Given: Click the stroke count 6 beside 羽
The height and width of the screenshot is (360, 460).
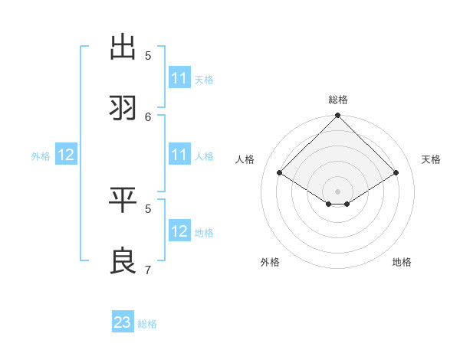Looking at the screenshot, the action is (x=149, y=116).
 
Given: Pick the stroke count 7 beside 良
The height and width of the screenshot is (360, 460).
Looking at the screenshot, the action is (x=149, y=270).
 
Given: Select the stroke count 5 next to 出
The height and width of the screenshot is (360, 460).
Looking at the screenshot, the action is (x=149, y=55).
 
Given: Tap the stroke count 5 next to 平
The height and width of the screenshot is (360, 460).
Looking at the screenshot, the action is (x=149, y=208).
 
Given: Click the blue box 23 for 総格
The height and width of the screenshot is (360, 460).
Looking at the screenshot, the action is (x=123, y=322).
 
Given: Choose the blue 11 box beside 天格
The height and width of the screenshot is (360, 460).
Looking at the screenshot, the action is (x=179, y=78).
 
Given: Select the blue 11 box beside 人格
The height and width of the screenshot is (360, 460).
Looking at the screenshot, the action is (x=179, y=155).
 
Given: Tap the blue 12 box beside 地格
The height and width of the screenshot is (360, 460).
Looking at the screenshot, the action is (x=179, y=231).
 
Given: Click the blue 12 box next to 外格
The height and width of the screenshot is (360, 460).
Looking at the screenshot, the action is (x=66, y=155).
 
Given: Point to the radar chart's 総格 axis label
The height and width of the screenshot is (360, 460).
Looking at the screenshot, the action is (x=338, y=100).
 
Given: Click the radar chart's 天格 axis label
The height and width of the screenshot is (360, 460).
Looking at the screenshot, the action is (x=431, y=159).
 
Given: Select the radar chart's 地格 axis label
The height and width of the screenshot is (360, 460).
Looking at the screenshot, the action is (x=402, y=262).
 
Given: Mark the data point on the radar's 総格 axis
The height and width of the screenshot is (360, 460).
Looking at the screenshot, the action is (x=338, y=116).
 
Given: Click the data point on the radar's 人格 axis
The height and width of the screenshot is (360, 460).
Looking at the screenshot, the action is (x=280, y=173).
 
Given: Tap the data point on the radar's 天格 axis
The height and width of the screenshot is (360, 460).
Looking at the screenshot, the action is (x=396, y=173).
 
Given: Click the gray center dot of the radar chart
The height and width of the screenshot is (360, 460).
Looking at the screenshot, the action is (x=338, y=191).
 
